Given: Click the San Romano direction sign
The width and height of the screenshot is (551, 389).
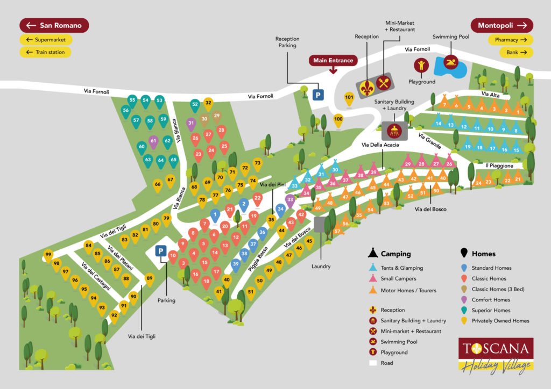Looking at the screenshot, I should (54, 25).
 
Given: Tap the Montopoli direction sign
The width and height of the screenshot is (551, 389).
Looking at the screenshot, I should (501, 25).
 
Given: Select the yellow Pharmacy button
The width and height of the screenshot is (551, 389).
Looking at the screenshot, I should (510, 40).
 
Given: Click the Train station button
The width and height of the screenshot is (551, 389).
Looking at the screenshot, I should (46, 52).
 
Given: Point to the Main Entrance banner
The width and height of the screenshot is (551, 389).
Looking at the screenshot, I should (334, 60).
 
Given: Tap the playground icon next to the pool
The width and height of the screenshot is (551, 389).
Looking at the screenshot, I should (421, 66).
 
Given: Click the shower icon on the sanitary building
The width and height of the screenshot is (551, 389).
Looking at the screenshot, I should (394, 130).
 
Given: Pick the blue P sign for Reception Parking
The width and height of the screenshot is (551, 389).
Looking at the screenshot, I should (319, 95).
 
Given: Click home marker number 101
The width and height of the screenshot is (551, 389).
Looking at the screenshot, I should (349, 98).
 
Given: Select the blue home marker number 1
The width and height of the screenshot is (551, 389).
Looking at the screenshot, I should (215, 215).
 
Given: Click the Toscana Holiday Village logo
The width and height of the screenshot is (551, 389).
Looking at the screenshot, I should (495, 354).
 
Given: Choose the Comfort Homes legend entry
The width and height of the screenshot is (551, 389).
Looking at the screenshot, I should (490, 300).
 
